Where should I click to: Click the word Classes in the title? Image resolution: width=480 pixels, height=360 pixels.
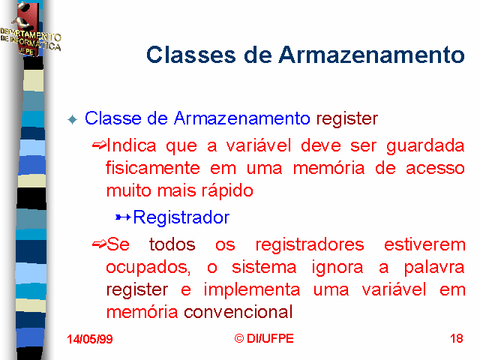191,55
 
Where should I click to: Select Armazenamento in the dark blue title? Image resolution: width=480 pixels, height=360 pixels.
371,55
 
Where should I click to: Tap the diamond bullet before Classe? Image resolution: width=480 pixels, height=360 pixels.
73,119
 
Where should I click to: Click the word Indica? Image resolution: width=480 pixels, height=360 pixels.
131,145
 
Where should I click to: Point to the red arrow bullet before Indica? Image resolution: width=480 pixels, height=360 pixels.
99,145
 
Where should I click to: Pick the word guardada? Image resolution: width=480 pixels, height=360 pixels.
425,146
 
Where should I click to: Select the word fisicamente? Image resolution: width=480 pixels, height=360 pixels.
153,168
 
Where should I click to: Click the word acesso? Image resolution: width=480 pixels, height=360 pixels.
435,169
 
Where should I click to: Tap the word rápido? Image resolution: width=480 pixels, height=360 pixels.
227,191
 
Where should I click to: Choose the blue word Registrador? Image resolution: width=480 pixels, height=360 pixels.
181,217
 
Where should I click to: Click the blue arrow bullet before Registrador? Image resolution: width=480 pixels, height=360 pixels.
123,217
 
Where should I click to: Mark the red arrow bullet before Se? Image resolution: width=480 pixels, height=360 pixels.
99,244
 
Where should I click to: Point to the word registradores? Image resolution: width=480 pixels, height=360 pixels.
310,245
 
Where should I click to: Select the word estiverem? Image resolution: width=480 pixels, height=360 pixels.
424,244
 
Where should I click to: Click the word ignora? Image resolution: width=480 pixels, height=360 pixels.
337,268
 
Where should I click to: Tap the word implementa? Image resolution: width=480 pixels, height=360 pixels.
252,290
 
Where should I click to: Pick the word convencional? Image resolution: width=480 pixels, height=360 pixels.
238,312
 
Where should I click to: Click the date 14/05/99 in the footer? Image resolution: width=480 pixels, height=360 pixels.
90,339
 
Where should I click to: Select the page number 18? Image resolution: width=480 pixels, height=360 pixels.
457,338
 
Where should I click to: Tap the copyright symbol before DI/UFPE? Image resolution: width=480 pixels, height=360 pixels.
239,338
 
